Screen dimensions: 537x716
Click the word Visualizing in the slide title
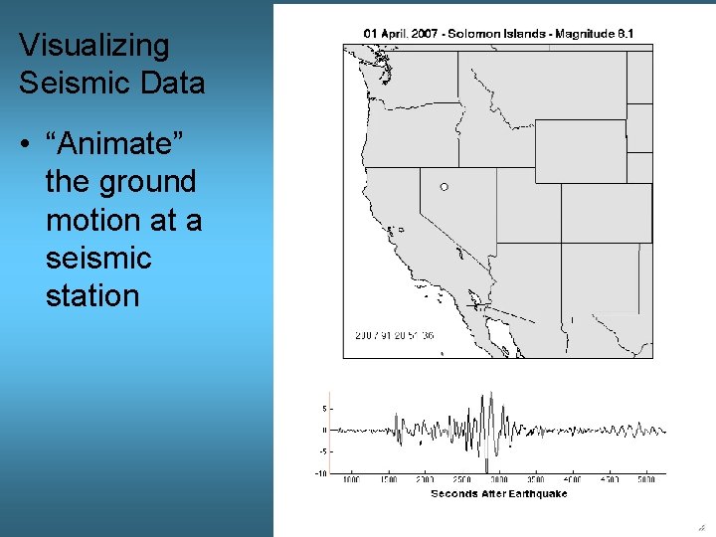[94, 46]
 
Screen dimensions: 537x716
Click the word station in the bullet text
[92, 295]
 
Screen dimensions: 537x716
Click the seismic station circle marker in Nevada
[444, 187]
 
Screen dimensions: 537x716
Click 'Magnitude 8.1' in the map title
[595, 34]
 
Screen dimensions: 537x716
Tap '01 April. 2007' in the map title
[401, 34]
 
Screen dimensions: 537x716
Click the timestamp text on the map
[395, 335]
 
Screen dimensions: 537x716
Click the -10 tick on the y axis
[322, 473]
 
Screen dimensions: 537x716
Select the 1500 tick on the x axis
[388, 480]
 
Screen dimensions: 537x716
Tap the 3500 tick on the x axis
[535, 480]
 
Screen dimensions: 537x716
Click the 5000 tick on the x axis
[646, 480]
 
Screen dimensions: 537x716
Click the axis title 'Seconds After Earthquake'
[499, 494]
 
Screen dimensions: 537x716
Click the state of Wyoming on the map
[580, 150]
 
